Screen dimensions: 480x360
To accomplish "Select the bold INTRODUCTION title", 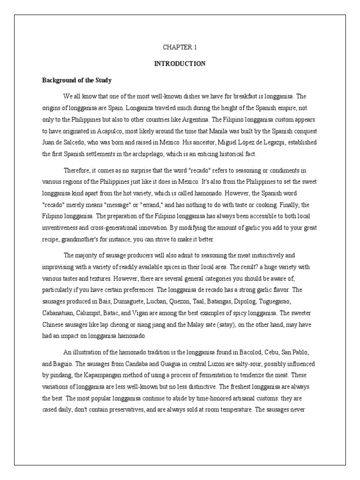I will pyautogui.click(x=180, y=64).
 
